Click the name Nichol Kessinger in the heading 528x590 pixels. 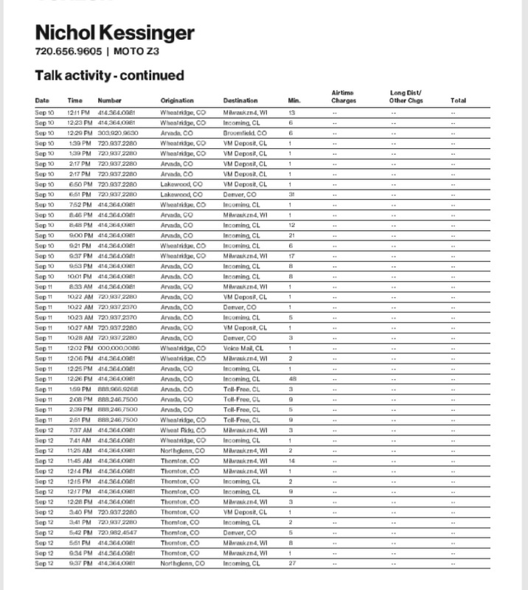[114, 33]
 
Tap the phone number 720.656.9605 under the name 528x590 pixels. [69, 52]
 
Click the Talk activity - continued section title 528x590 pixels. [109, 75]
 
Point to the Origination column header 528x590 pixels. [177, 100]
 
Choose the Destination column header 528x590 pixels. [240, 100]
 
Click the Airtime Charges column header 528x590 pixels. [344, 97]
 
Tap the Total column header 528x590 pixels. [458, 100]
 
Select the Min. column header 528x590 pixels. [293, 100]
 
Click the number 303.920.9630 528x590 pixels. [117, 133]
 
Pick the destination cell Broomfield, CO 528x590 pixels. [246, 133]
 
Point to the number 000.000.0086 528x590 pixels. [117, 347]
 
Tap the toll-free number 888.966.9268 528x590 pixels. [117, 389]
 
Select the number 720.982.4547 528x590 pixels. [117, 532]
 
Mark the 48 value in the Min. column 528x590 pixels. [292, 378]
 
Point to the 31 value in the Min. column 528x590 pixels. [292, 194]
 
